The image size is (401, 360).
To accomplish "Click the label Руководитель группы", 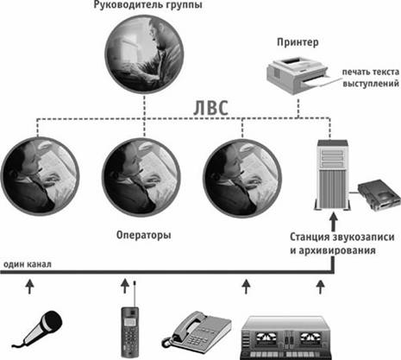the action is tap(147, 5).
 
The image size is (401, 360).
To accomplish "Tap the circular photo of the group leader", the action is tap(144, 54).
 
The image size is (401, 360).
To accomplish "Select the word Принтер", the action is tap(298, 42).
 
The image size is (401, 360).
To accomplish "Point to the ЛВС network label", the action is tap(210, 108).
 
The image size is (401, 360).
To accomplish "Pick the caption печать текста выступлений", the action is tap(371, 78).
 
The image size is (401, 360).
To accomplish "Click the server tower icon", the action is tap(332, 175).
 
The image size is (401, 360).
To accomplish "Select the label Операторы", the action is tap(144, 235).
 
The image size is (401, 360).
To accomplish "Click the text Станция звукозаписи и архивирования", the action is tap(341, 243).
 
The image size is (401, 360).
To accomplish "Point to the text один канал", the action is tap(28, 264).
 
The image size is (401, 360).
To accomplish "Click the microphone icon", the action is tap(41, 329).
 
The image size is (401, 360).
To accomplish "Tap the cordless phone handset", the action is tap(130, 332).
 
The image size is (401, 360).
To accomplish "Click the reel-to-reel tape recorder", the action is tap(286, 338).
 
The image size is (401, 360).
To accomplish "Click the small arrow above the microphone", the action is tap(29, 287).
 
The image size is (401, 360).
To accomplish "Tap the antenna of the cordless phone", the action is tap(135, 294).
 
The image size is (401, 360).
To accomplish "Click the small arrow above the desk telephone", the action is tap(246, 287).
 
